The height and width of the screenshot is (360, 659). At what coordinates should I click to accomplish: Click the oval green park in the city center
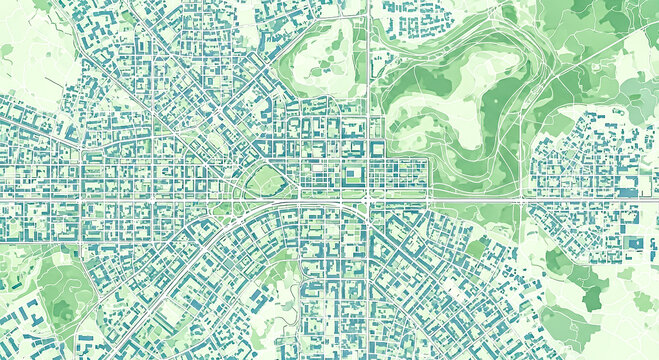264,181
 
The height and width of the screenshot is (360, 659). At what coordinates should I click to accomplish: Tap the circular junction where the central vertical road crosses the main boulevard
369,199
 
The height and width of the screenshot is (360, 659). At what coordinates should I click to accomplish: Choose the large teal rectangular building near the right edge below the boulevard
633,242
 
